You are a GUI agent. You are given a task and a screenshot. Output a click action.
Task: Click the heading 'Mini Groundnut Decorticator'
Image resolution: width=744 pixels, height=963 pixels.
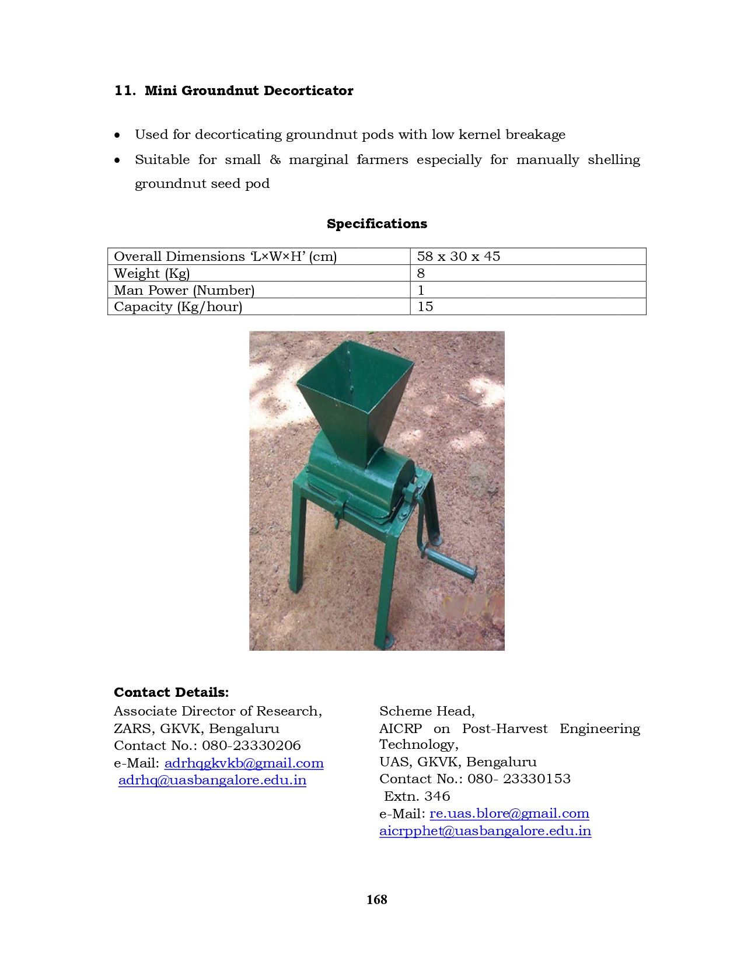(x=249, y=90)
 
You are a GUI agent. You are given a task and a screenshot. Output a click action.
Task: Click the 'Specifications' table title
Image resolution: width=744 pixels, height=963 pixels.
(x=376, y=224)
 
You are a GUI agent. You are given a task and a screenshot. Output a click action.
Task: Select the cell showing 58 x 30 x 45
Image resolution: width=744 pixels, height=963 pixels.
(x=458, y=256)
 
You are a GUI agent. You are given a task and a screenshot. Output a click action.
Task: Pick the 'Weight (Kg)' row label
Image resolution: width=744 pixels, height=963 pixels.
(x=152, y=273)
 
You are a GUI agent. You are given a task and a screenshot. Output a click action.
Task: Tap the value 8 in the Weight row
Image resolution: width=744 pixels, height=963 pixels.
(x=421, y=273)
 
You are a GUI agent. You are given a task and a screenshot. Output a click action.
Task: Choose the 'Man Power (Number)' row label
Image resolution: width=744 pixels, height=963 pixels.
(x=184, y=290)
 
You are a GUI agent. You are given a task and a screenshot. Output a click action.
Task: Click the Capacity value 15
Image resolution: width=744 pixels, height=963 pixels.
(x=425, y=306)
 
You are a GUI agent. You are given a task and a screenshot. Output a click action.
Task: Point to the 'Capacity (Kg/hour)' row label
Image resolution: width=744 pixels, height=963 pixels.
(x=177, y=306)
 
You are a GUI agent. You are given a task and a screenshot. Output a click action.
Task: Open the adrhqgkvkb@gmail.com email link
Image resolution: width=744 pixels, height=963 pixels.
(x=244, y=763)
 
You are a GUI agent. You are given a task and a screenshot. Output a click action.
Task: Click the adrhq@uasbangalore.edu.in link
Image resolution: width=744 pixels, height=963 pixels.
(x=212, y=780)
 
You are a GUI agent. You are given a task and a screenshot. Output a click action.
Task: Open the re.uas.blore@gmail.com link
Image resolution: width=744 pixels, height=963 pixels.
(x=509, y=813)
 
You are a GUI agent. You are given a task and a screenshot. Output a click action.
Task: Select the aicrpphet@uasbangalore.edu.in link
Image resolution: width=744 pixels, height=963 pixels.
(x=485, y=831)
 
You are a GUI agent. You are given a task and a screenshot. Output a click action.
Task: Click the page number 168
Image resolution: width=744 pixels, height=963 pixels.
(x=376, y=899)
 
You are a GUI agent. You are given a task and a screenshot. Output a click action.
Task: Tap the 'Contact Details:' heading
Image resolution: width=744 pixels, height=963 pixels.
(x=171, y=692)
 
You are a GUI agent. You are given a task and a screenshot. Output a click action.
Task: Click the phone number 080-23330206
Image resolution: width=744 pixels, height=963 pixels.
(x=251, y=745)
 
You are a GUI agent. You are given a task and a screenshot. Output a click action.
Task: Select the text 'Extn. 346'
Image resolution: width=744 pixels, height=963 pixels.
(x=417, y=796)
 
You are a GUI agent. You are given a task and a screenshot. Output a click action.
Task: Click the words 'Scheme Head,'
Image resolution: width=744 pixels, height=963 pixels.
(x=427, y=711)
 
